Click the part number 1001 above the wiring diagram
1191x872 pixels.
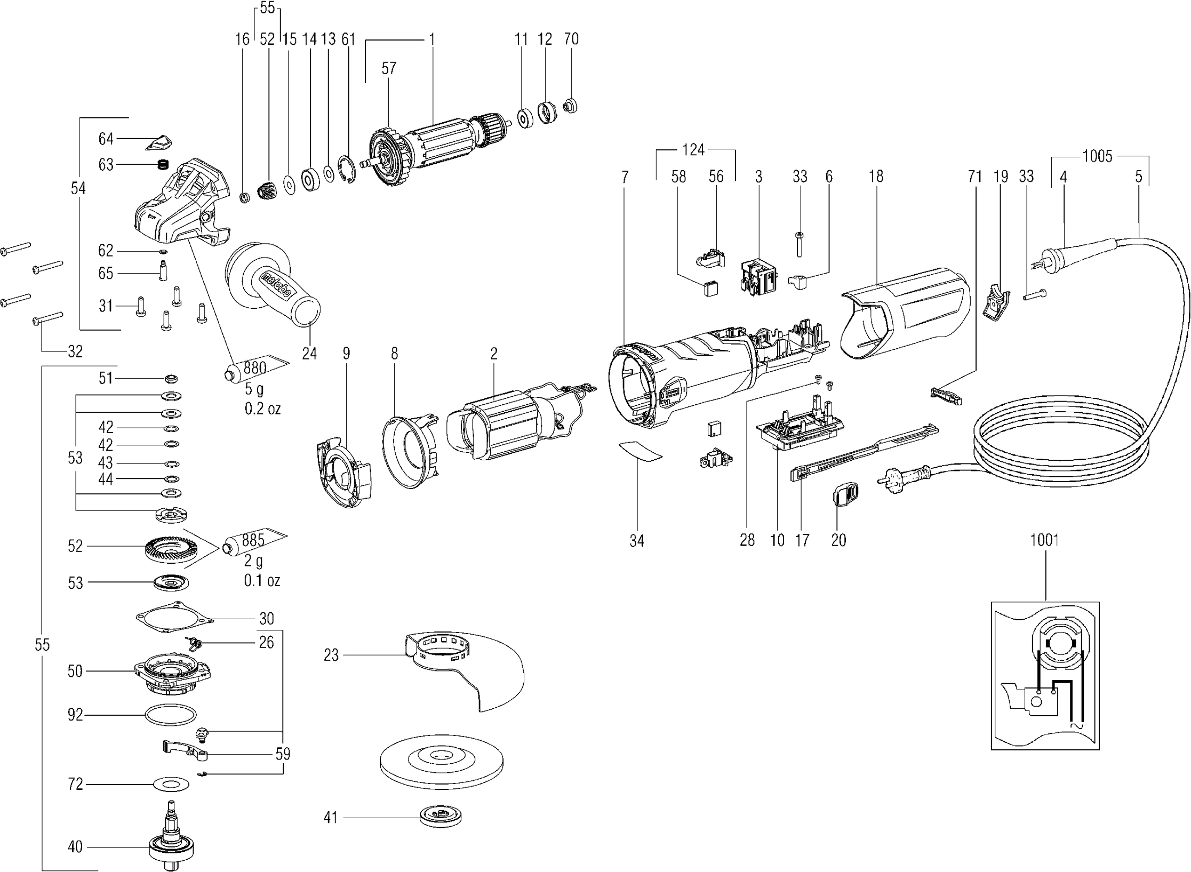(1044, 540)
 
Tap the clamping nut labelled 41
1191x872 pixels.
(441, 817)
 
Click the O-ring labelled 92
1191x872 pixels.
(170, 715)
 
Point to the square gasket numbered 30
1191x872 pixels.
(174, 619)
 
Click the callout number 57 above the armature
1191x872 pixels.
(389, 68)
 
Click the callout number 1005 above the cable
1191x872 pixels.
(1097, 156)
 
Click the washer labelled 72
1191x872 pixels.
(171, 785)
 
